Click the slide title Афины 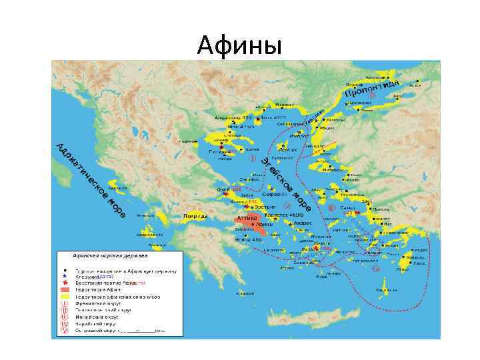pos(240,46)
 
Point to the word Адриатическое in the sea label pos(80,170)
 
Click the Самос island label pos(346,208)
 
